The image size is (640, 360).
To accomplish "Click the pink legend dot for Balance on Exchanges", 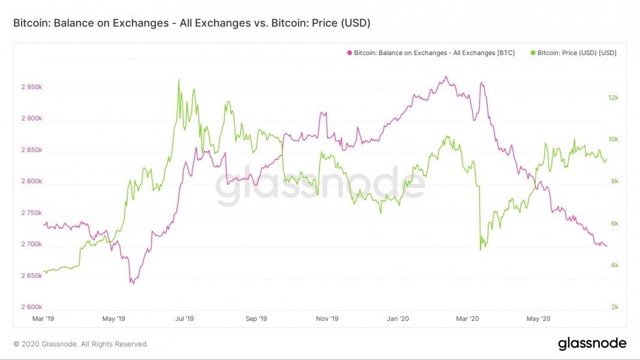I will [349, 53].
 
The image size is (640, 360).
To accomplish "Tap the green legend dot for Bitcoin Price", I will [533, 53].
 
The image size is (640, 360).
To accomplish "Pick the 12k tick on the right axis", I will [614, 98].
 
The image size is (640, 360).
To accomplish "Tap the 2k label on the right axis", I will [614, 307].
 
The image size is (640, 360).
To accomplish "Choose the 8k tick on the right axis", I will [614, 181].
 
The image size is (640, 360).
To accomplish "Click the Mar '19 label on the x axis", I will [44, 319].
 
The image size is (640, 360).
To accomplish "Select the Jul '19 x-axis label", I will [185, 319].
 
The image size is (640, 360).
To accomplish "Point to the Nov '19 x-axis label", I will [327, 319].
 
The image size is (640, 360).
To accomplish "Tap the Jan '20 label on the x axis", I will [398, 319].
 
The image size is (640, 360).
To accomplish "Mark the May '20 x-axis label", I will [538, 319].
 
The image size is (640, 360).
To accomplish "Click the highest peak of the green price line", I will [179, 80].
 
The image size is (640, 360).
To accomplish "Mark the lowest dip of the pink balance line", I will [132, 283].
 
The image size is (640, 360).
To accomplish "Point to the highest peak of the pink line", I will [446, 77].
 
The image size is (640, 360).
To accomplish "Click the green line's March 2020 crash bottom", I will [481, 250].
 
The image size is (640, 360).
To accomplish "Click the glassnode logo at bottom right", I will [592, 344].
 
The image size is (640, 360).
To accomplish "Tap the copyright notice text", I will [80, 344].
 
